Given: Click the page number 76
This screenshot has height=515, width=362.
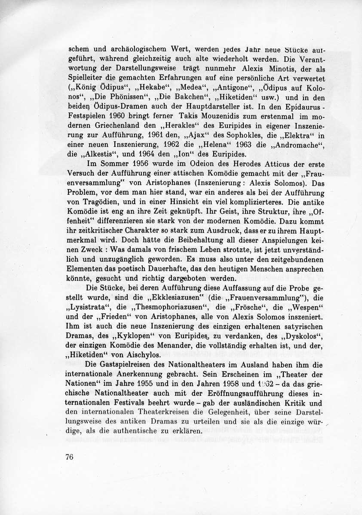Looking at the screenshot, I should click(x=71, y=456).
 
